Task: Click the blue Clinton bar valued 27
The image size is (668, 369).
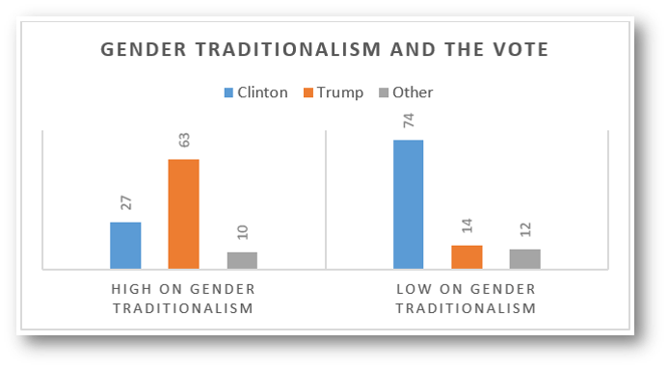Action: tap(125, 245)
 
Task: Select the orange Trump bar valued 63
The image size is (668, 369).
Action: tap(183, 214)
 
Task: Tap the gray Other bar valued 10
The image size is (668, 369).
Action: tap(242, 260)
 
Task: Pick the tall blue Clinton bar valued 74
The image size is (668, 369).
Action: tap(408, 204)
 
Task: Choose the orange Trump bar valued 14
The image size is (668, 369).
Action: tap(467, 257)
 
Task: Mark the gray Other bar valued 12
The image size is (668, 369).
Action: tap(524, 259)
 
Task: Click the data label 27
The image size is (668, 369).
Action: tap(126, 202)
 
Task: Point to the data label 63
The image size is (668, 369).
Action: tap(184, 140)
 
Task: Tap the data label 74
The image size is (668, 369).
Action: tap(409, 120)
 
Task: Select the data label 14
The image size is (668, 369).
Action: tap(468, 225)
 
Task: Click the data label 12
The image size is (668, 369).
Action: tap(525, 229)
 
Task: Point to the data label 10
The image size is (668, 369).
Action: tap(242, 232)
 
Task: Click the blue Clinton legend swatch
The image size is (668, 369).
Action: tap(228, 92)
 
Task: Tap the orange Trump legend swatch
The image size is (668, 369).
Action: tap(308, 92)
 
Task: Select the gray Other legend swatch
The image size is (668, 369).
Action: tap(384, 92)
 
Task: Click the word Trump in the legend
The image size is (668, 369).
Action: tap(340, 92)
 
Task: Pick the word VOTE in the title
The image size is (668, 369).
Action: tap(521, 50)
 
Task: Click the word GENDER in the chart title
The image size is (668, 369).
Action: tap(143, 50)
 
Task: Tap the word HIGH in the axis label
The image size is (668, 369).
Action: tap(131, 289)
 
